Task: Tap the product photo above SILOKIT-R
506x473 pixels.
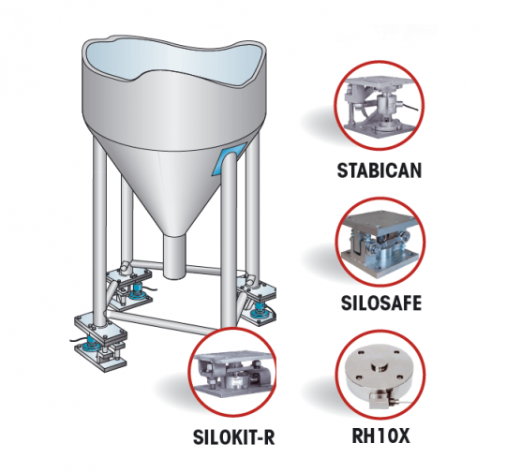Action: click(x=231, y=372)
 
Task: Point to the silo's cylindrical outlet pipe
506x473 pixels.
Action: click(x=174, y=252)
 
